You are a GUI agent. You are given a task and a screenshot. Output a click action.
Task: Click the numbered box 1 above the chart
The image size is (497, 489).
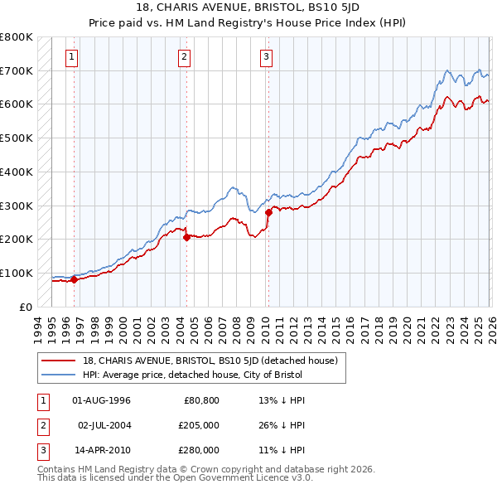click(73, 57)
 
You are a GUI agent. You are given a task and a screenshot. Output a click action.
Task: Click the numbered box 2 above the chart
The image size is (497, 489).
click(184, 57)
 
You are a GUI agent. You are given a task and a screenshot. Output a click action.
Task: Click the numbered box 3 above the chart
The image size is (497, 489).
click(266, 57)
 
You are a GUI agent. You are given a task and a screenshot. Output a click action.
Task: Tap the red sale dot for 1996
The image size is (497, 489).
click(74, 279)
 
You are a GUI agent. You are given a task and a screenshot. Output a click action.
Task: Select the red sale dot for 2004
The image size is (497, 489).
click(186, 237)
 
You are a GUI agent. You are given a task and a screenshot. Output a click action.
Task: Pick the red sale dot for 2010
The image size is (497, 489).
click(268, 212)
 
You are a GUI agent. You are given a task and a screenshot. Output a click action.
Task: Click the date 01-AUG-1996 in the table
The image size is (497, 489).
click(102, 400)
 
